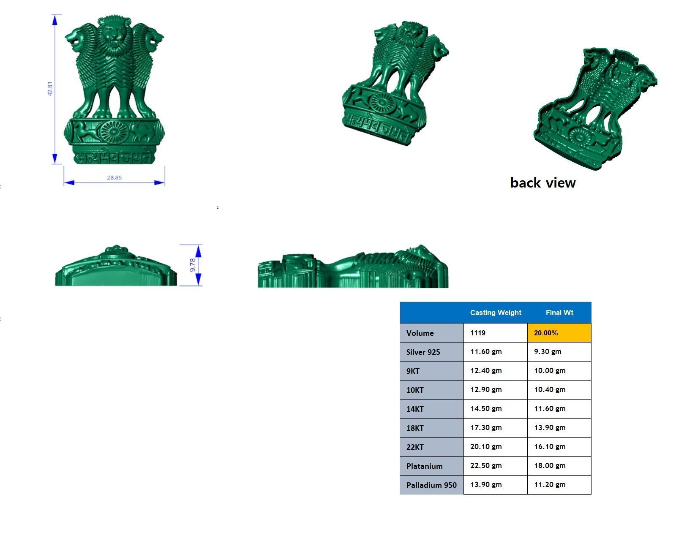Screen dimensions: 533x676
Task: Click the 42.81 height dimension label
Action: (51, 89)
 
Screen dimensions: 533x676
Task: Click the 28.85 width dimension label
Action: (114, 178)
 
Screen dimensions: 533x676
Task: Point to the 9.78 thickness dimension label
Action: (193, 265)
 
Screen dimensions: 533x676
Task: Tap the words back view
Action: (543, 182)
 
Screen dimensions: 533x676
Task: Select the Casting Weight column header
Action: (496, 313)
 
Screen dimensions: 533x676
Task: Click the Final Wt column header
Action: (559, 313)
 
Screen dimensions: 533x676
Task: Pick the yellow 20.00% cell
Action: (559, 333)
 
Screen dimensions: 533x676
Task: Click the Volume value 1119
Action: (478, 333)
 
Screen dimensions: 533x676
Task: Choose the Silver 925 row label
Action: (423, 352)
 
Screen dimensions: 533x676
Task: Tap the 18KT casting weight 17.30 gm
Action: (486, 427)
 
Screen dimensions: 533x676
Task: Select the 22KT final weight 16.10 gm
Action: (550, 446)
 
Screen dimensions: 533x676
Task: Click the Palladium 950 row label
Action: (431, 485)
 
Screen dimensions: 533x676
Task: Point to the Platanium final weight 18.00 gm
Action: (550, 465)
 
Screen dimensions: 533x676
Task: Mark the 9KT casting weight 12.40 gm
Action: (486, 370)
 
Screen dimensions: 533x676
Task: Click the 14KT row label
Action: (415, 409)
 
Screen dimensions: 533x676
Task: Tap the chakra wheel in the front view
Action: (113, 132)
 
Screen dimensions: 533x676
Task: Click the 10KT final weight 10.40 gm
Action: (550, 389)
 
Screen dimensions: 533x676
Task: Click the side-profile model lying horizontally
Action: (353, 268)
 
